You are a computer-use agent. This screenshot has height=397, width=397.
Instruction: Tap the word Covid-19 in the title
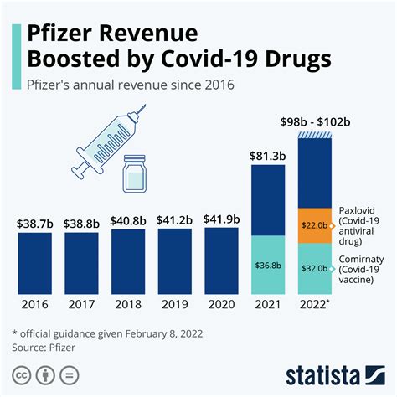coord(216,59)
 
